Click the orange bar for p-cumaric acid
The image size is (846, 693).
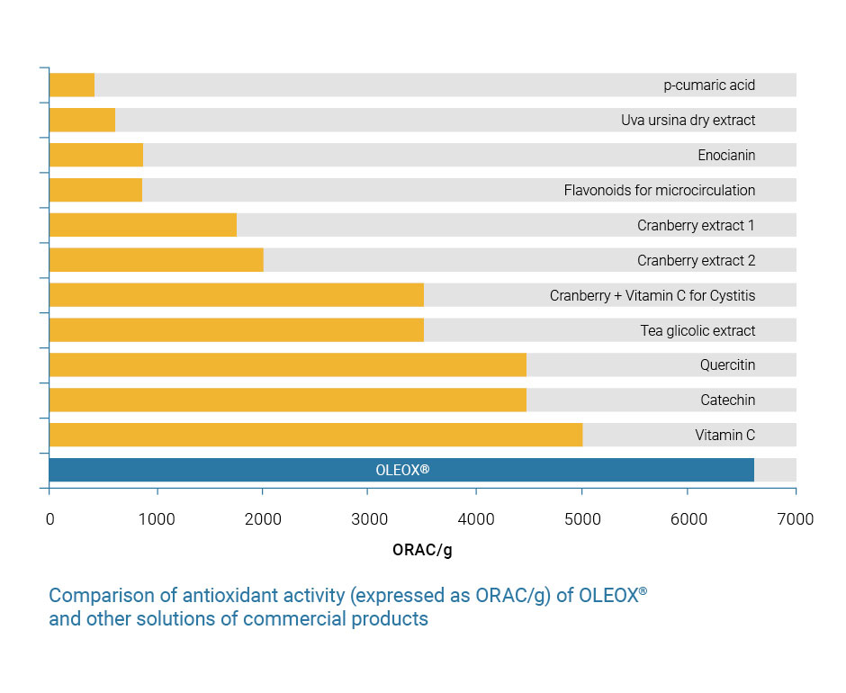click(72, 85)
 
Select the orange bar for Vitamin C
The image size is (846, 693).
click(315, 435)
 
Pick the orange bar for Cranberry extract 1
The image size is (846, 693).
click(142, 225)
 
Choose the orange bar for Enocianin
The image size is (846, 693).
click(95, 155)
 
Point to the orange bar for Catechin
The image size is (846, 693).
click(287, 400)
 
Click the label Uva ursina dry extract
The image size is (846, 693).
click(688, 120)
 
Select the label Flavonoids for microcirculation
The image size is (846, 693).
click(660, 190)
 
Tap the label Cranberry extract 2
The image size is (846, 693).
click(696, 260)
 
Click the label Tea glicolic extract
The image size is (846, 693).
click(697, 330)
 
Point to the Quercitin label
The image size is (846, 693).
click(727, 365)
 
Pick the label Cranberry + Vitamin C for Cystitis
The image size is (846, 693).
click(652, 295)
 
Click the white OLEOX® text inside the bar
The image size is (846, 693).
click(401, 470)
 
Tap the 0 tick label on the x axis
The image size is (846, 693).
click(49, 519)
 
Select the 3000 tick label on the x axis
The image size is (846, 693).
click(368, 519)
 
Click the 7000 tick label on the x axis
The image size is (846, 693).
click(795, 519)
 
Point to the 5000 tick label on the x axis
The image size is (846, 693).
click(581, 519)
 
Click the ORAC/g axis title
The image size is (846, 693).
click(422, 550)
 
